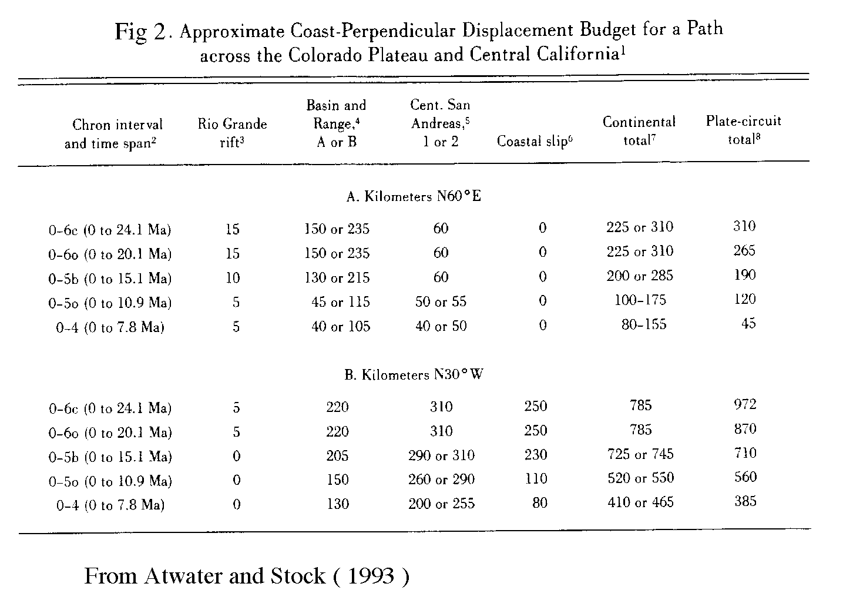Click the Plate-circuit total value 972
tap(744, 404)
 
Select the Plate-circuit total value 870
tap(744, 429)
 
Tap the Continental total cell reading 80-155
tap(644, 324)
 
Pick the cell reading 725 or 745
tap(640, 454)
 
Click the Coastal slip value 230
tap(535, 455)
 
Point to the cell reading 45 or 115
tap(341, 302)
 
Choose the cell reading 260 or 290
tap(441, 480)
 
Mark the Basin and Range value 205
tap(337, 455)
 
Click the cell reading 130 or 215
tap(337, 277)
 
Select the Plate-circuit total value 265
tap(744, 251)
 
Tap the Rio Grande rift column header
tap(232, 133)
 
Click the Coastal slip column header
tap(535, 142)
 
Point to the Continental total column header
tap(639, 130)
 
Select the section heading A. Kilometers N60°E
tap(414, 197)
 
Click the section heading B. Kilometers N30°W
tap(414, 375)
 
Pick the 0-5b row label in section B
tap(110, 457)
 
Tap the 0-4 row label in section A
tap(110, 327)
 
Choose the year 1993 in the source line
tap(371, 575)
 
